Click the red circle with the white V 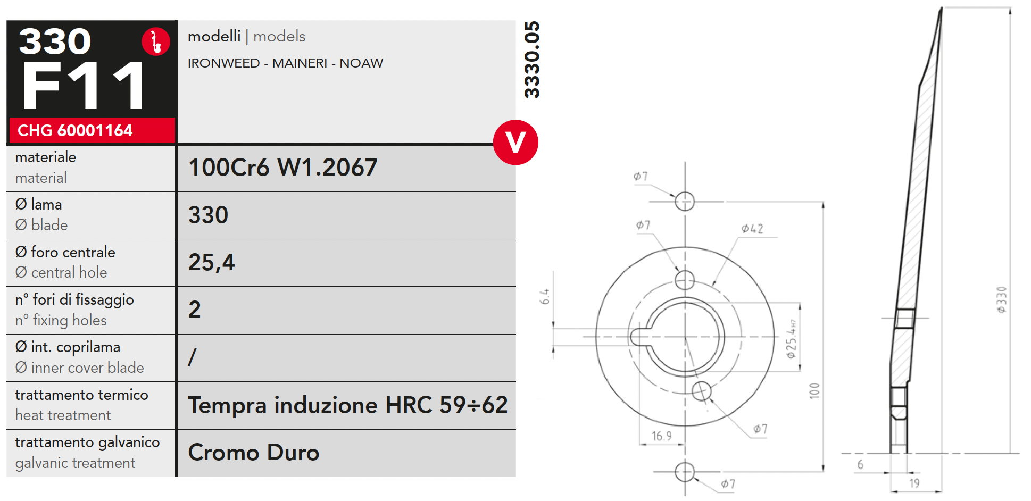point(515,143)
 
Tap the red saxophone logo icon point(156,41)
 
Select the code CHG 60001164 point(75,130)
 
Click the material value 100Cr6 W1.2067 point(282,168)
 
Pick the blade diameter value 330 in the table point(208,215)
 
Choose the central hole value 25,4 point(211,263)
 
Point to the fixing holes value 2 point(195,310)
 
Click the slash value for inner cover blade point(193,357)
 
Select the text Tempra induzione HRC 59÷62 point(348,405)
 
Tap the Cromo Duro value point(254,453)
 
